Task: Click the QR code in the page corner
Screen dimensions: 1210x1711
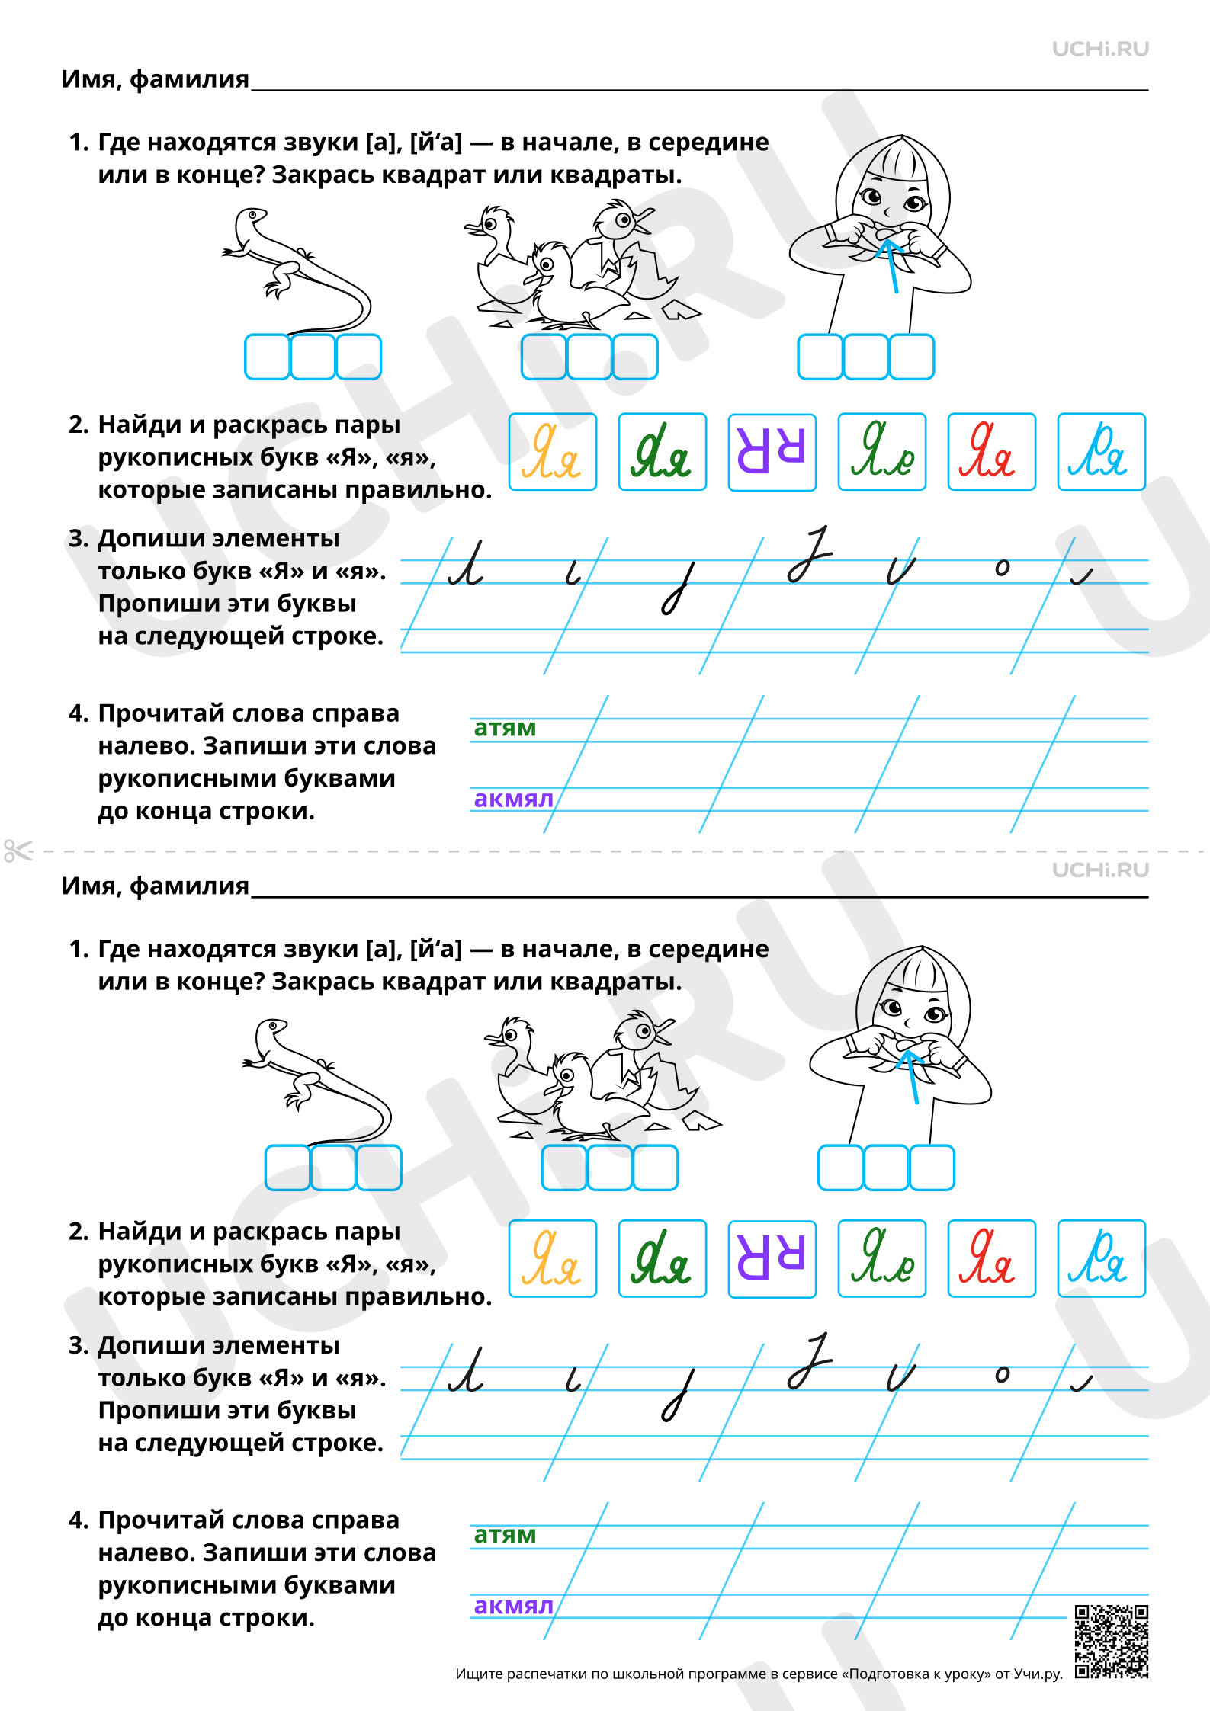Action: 1111,1641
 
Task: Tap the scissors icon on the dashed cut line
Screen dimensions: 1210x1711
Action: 18,851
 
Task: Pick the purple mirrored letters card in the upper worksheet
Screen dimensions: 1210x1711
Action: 772,452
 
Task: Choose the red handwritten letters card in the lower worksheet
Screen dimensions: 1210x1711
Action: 992,1258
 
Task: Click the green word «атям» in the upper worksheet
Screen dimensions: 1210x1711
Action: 505,728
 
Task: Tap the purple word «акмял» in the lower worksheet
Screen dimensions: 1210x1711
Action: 513,1605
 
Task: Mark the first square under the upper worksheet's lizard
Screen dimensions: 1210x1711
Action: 267,357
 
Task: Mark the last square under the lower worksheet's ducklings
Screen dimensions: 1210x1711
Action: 655,1168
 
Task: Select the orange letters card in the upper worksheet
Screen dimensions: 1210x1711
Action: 553,452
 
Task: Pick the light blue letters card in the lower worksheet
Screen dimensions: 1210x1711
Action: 1102,1258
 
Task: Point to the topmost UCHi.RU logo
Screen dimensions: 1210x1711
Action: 1100,49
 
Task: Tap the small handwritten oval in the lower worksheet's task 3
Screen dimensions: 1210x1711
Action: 1003,1374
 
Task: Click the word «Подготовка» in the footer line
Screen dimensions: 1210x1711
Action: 882,1674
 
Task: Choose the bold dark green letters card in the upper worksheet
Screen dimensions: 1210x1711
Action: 663,452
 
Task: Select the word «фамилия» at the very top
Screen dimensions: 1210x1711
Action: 190,79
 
